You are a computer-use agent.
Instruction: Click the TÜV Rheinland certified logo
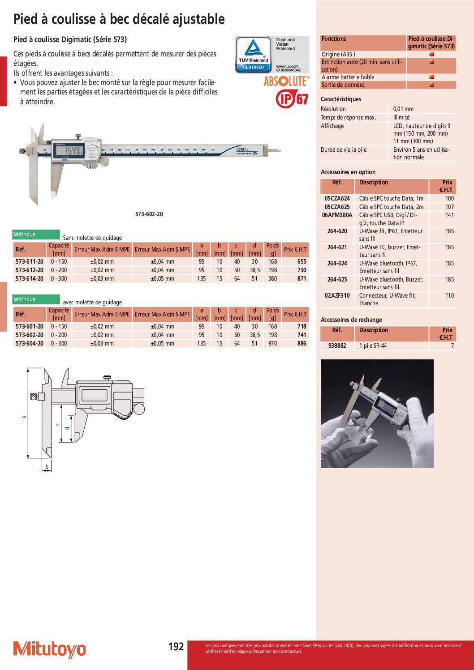[254, 55]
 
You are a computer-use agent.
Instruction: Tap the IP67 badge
[292, 98]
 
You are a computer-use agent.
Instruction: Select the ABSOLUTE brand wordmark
[286, 81]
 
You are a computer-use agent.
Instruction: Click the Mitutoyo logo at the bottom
[49, 649]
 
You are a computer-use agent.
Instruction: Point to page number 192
[176, 646]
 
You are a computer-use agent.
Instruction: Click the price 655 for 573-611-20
[302, 261]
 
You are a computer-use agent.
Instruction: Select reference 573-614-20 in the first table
[30, 278]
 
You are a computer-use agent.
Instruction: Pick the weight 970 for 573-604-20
[272, 343]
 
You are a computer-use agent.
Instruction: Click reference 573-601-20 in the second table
[30, 326]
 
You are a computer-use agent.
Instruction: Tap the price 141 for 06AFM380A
[449, 215]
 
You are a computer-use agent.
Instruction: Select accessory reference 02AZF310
[337, 295]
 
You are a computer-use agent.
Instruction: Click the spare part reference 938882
[337, 346]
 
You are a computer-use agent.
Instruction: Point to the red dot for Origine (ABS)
[431, 54]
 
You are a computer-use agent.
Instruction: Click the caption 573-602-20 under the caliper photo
[149, 214]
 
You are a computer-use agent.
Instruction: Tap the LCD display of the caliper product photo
[69, 150]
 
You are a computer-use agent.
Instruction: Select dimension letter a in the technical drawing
[24, 417]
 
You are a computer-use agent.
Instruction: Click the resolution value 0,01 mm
[403, 109]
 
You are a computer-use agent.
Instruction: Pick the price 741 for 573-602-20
[302, 335]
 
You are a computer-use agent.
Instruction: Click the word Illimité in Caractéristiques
[401, 117]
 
